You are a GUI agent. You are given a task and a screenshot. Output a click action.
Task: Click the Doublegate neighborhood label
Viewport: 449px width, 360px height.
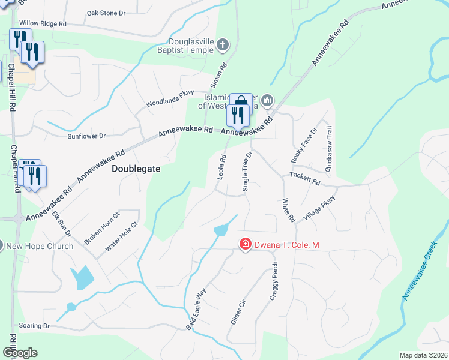[136, 169]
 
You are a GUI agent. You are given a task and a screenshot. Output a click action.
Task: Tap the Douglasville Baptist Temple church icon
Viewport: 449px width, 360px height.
[222, 44]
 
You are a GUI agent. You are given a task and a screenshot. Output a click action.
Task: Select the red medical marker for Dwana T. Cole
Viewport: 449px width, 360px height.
[245, 244]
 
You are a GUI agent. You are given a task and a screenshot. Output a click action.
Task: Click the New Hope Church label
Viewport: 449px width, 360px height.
[39, 246]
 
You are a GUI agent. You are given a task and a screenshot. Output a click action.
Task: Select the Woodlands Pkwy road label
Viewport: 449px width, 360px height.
[170, 100]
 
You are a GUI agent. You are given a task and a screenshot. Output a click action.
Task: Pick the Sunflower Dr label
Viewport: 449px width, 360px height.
[86, 136]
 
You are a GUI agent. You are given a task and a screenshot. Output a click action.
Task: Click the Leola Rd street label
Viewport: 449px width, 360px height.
[221, 167]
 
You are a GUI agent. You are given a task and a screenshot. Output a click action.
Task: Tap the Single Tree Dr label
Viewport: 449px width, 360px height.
[246, 171]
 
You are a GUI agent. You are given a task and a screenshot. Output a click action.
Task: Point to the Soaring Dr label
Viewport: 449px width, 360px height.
[34, 326]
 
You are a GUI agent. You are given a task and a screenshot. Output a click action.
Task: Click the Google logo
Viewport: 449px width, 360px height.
[19, 353]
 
